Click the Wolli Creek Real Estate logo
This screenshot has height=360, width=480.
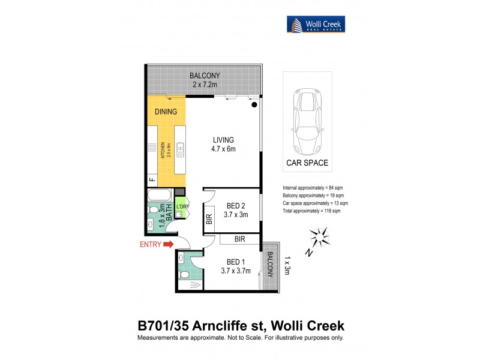pos(315,25)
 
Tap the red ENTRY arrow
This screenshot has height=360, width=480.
pos(167,244)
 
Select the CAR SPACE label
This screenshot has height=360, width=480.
pos(307,163)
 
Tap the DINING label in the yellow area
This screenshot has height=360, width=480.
pos(166,112)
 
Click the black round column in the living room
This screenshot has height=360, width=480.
pos(254,105)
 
